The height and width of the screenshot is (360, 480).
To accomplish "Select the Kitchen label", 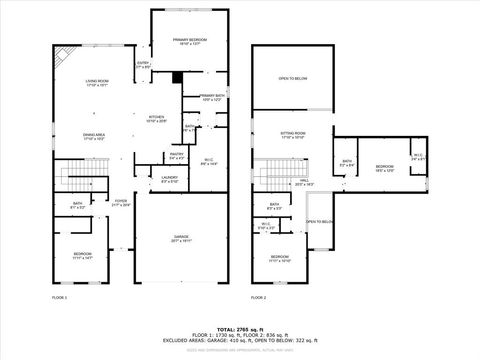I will [157, 118].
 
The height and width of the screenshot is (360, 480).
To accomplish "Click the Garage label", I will [181, 238].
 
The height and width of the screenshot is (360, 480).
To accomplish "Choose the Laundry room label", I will [170, 179].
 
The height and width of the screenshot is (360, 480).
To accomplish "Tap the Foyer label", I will [121, 203].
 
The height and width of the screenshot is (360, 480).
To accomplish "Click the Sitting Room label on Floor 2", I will [292, 133].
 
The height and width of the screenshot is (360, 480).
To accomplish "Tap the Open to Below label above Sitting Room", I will [292, 77].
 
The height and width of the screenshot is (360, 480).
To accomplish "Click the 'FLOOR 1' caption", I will [59, 297].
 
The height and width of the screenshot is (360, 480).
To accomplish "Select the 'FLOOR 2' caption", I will [259, 297].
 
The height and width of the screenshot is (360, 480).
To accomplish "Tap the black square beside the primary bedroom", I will [177, 77].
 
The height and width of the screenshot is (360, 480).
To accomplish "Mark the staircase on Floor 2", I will [272, 177].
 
